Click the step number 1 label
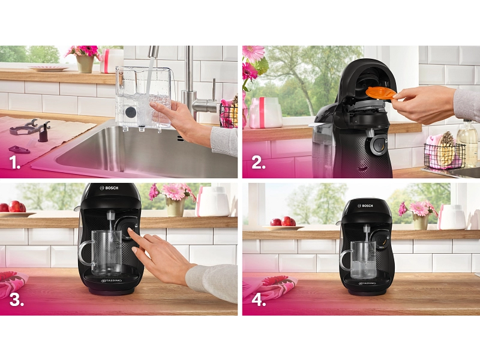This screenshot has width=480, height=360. click(14, 162)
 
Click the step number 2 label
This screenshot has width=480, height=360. click(259, 163)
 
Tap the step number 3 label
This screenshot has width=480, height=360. click(17, 299)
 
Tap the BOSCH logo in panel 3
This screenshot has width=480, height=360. click(109, 188)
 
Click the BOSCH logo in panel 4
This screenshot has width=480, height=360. click(365, 206)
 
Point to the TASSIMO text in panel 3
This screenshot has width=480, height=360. click(112, 280)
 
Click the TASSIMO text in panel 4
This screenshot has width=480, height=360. click(367, 283)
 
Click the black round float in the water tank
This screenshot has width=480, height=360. click(131, 112)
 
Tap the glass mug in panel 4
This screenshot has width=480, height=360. click(358, 260)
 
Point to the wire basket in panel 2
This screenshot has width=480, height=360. click(445, 155)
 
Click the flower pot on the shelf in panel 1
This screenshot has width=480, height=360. click(85, 64)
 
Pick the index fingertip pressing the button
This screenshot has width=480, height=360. click(130, 229)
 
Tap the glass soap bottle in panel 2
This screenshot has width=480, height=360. click(467, 139)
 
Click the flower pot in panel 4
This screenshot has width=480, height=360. click(421, 221)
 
